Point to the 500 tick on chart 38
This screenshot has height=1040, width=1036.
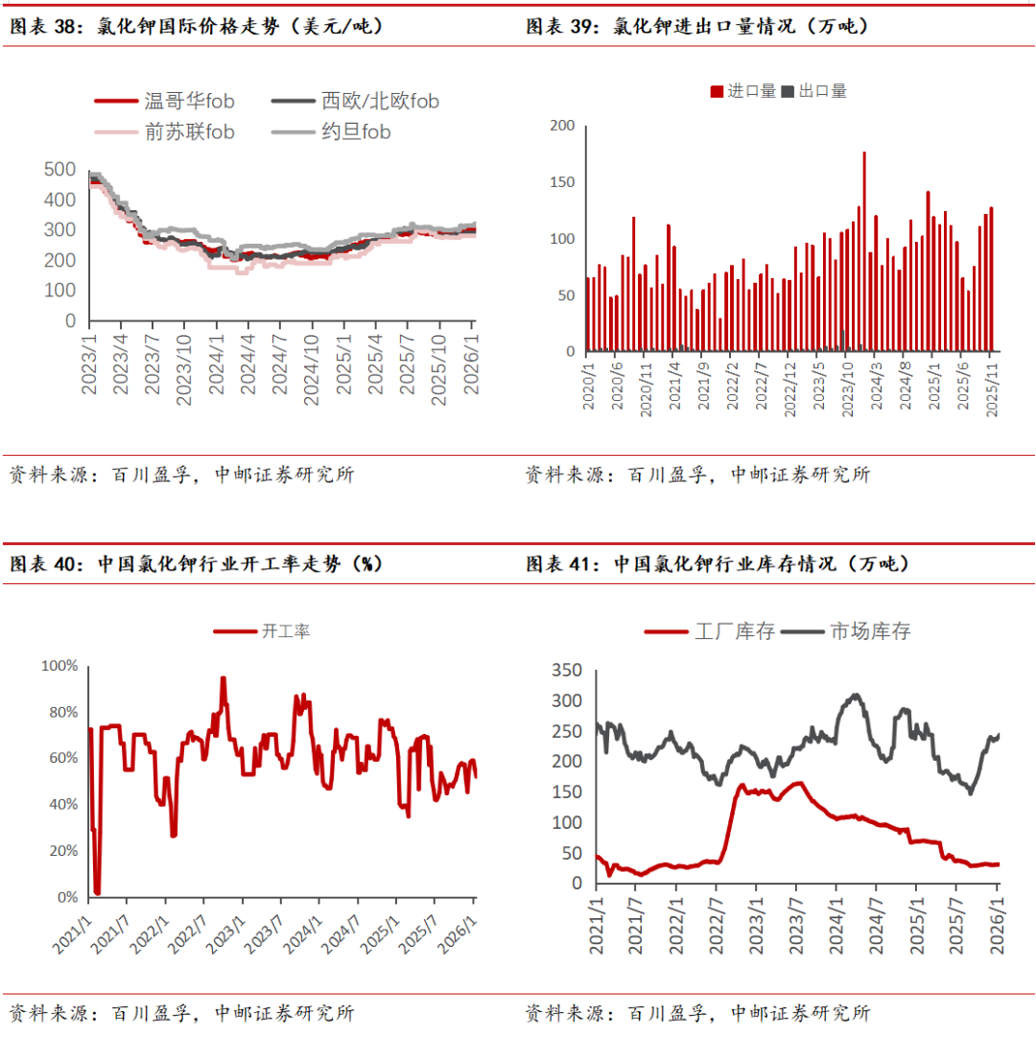point(59,170)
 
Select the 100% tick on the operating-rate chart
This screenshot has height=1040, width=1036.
point(59,666)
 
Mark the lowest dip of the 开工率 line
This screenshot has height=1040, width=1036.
point(98,892)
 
